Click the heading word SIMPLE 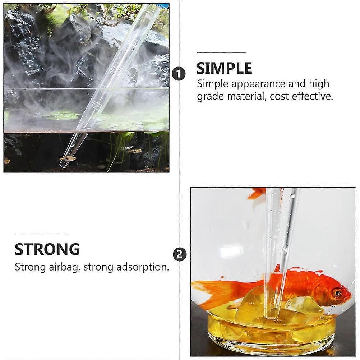click(x=224, y=68)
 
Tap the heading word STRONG click(x=47, y=249)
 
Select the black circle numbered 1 click(x=179, y=74)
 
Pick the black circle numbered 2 click(x=179, y=254)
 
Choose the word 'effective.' click(x=313, y=96)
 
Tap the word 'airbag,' click(x=65, y=268)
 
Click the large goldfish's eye click(x=337, y=292)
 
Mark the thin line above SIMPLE click(x=222, y=53)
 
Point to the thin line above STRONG click(x=41, y=234)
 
